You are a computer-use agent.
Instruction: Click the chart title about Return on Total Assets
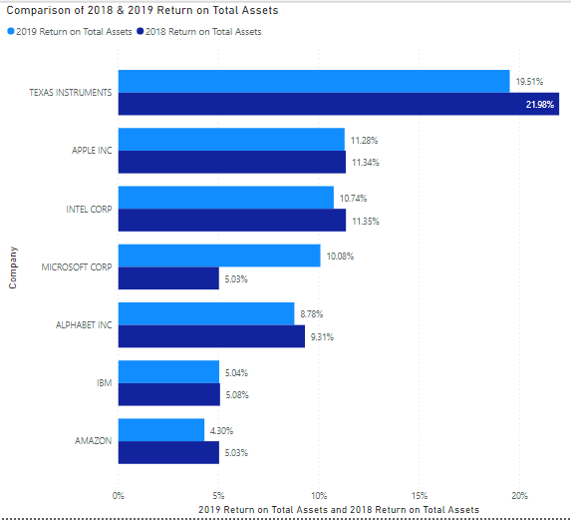(x=143, y=11)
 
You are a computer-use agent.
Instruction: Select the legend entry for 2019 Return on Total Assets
(x=72, y=32)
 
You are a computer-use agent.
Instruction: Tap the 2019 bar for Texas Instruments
(x=314, y=81)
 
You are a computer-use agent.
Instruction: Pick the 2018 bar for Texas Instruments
(x=338, y=104)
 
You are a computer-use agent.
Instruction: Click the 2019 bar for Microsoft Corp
(x=219, y=256)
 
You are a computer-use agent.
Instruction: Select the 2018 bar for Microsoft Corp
(x=168, y=278)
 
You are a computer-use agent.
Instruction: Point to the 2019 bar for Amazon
(x=161, y=430)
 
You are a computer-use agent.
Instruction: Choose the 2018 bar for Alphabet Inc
(x=211, y=336)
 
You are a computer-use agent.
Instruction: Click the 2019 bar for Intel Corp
(x=226, y=198)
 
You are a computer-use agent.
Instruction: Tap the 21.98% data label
(x=539, y=104)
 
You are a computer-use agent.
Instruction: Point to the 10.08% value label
(x=339, y=256)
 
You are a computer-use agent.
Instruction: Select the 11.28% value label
(x=364, y=140)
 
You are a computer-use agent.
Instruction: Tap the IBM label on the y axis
(x=103, y=383)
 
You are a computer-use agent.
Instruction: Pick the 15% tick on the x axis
(x=420, y=495)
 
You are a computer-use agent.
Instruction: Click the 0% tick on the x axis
(x=119, y=495)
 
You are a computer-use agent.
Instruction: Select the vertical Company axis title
(x=13, y=266)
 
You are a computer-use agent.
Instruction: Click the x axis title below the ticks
(x=339, y=509)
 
